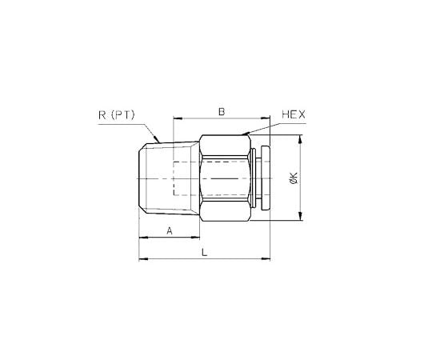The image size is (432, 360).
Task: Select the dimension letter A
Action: point(169,231)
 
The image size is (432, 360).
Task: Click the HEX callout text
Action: point(294,115)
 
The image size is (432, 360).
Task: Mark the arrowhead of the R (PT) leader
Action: point(158,142)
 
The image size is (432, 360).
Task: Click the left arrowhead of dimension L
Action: point(142,259)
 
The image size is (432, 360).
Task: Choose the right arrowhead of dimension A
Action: point(197,238)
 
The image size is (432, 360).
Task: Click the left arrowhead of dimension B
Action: point(175,118)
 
